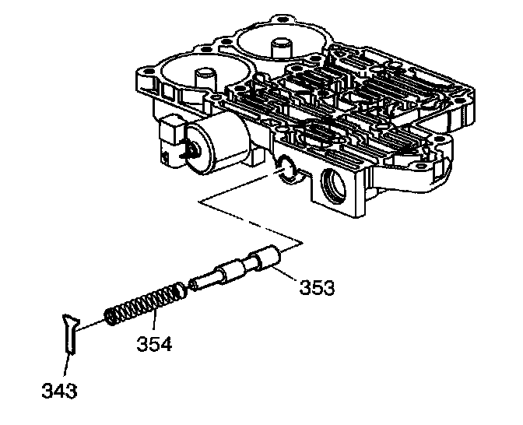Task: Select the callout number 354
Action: (156, 343)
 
